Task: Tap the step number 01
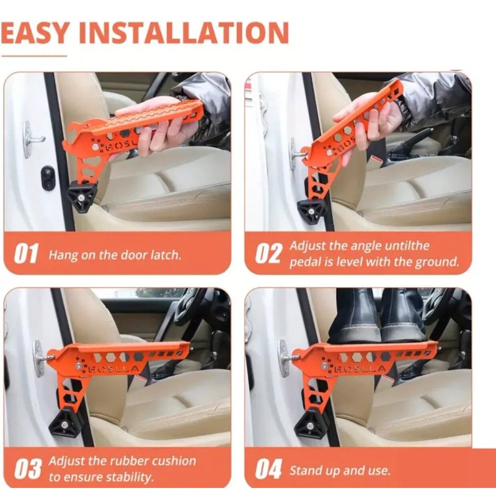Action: click(26, 254)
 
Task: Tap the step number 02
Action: click(268, 254)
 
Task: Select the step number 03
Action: click(27, 469)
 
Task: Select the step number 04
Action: click(268, 470)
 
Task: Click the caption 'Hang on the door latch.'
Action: click(115, 255)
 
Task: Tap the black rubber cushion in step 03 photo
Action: click(68, 422)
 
